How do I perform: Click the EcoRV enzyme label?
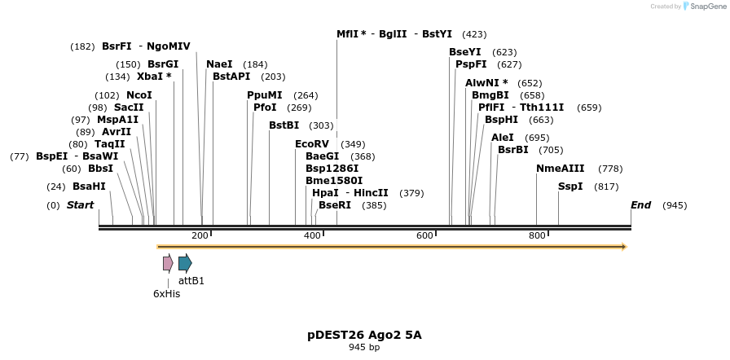pyautogui.click(x=312, y=144)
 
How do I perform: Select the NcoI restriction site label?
pyautogui.click(x=139, y=95)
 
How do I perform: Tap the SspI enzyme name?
pyautogui.click(x=570, y=187)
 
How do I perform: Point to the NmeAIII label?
pyautogui.click(x=560, y=169)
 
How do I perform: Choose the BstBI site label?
pyautogui.click(x=284, y=125)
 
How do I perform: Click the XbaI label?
pyautogui.click(x=154, y=77)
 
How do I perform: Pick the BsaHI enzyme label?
pyautogui.click(x=89, y=187)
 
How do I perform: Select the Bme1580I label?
pyautogui.click(x=334, y=181)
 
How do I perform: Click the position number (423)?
pyautogui.click(x=474, y=34)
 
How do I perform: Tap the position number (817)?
pyautogui.click(x=606, y=187)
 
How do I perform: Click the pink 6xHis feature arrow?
pyautogui.click(x=168, y=262)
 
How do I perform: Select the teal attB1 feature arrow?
pyautogui.click(x=185, y=262)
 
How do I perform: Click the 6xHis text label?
pyautogui.click(x=166, y=294)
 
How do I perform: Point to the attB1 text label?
pyautogui.click(x=191, y=281)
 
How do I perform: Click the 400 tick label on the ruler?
pyautogui.click(x=312, y=236)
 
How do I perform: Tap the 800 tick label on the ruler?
pyautogui.click(x=537, y=236)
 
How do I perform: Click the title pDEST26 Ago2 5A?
pyautogui.click(x=364, y=335)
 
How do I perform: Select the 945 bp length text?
pyautogui.click(x=364, y=347)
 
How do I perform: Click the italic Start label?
pyautogui.click(x=80, y=205)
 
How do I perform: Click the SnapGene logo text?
pyautogui.click(x=706, y=7)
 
